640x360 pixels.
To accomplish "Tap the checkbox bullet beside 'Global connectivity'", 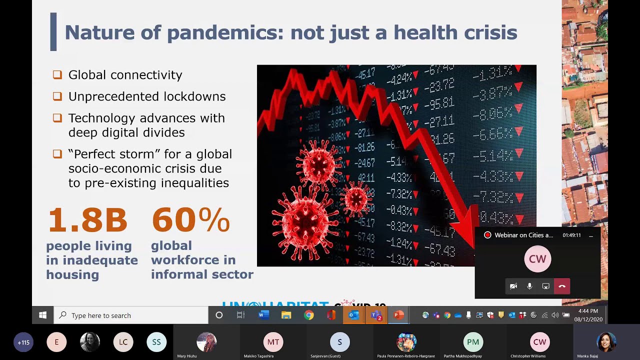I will (x=57, y=75).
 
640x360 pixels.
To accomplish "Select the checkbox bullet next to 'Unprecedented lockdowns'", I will (x=57, y=96).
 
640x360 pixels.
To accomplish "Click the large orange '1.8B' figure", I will (x=87, y=220).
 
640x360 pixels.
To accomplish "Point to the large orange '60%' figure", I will (x=190, y=220).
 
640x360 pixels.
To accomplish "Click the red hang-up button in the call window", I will (x=562, y=286).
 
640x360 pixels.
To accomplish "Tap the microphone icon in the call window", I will (x=529, y=286).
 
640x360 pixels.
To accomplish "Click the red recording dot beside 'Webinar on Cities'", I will (x=487, y=235).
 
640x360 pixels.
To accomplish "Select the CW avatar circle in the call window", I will (x=537, y=259).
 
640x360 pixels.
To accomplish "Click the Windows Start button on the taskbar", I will (x=43, y=315).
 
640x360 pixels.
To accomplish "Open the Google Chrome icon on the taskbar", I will (x=309, y=315).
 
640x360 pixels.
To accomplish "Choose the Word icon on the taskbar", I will (x=263, y=315).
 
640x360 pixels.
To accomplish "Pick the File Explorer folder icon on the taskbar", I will (x=286, y=315).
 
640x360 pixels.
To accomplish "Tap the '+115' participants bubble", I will (x=23, y=342).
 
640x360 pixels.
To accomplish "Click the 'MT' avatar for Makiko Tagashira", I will (x=273, y=342).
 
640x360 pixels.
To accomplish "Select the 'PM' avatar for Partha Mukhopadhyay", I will (x=473, y=342).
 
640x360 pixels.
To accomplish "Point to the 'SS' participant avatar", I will (x=156, y=342).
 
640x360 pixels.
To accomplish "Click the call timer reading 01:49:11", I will (x=571, y=235).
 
